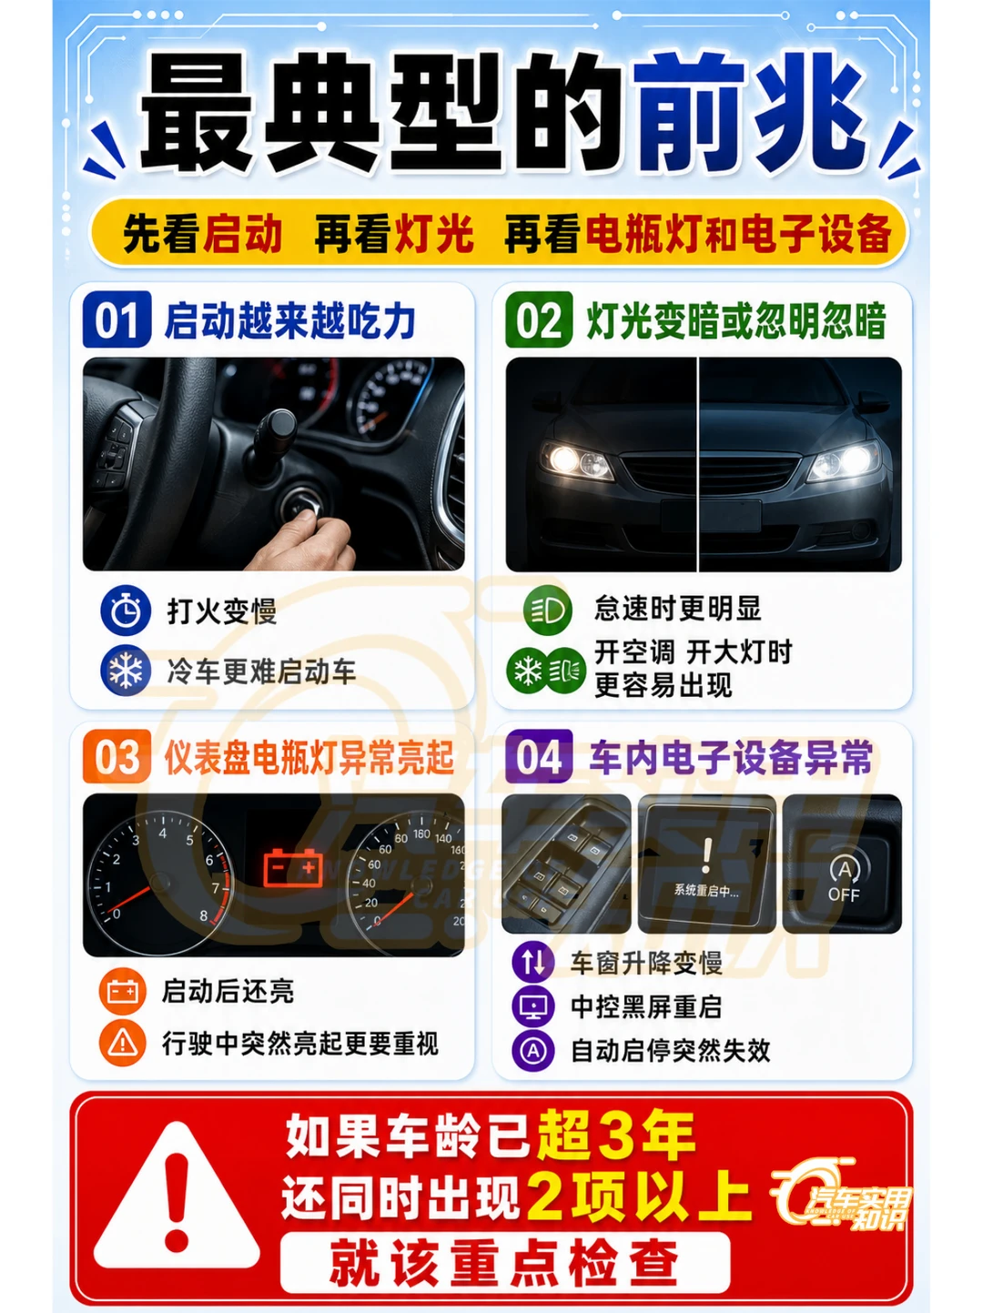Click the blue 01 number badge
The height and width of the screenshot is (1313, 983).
(117, 319)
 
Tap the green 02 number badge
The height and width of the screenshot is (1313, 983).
(539, 319)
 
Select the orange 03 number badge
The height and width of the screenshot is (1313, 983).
(117, 756)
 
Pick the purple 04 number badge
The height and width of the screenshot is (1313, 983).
(539, 756)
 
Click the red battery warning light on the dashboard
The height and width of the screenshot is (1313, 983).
(293, 867)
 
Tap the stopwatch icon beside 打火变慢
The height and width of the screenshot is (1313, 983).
(126, 611)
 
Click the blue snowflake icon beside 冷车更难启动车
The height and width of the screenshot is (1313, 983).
(126, 670)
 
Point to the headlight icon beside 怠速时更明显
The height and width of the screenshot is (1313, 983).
(547, 610)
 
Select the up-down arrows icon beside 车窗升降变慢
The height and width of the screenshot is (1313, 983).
(533, 962)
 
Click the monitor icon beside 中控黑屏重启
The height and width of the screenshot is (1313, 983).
(533, 1006)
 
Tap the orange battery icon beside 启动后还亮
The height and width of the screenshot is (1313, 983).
(123, 991)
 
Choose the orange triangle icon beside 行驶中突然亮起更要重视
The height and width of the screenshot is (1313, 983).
(123, 1044)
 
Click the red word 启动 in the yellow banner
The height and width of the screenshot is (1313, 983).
(242, 233)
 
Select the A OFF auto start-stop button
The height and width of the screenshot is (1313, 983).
(843, 880)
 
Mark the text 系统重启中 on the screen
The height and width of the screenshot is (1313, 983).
(706, 891)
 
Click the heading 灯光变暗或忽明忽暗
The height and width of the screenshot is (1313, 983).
(736, 320)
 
